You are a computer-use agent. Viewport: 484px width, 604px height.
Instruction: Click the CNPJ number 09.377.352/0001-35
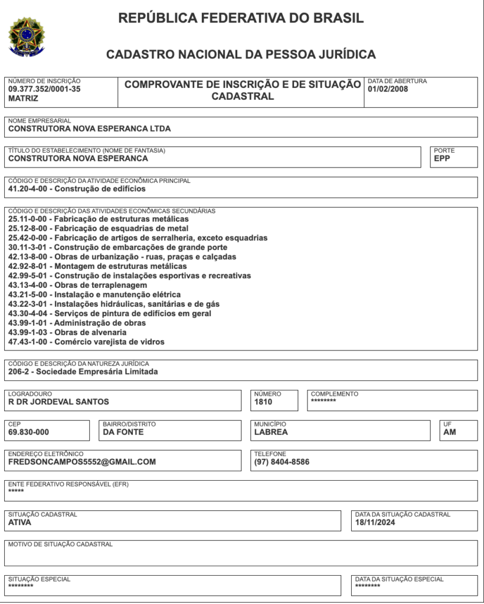click(x=44, y=90)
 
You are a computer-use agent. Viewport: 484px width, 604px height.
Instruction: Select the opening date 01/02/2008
click(x=387, y=90)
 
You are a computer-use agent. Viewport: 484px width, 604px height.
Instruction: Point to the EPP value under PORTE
click(x=442, y=158)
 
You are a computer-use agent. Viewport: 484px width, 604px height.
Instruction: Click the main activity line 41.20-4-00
click(x=77, y=189)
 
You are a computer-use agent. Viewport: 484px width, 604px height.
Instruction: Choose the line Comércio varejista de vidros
click(x=86, y=342)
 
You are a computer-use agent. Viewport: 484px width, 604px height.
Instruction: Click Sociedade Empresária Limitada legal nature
click(x=83, y=372)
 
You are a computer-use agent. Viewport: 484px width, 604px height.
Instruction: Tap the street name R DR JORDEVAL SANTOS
click(x=58, y=402)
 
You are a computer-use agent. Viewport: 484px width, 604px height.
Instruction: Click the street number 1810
click(x=263, y=402)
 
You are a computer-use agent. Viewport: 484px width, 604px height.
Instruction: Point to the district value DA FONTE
click(x=123, y=432)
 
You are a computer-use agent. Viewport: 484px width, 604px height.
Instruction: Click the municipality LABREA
click(x=271, y=432)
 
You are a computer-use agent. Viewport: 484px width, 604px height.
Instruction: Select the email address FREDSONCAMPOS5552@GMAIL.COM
click(x=82, y=462)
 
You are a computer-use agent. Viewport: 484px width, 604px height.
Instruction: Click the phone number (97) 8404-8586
click(x=282, y=462)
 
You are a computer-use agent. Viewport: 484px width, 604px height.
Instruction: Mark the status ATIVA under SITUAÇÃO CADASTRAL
click(x=20, y=523)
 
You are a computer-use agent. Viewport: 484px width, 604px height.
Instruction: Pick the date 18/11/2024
click(x=375, y=523)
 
